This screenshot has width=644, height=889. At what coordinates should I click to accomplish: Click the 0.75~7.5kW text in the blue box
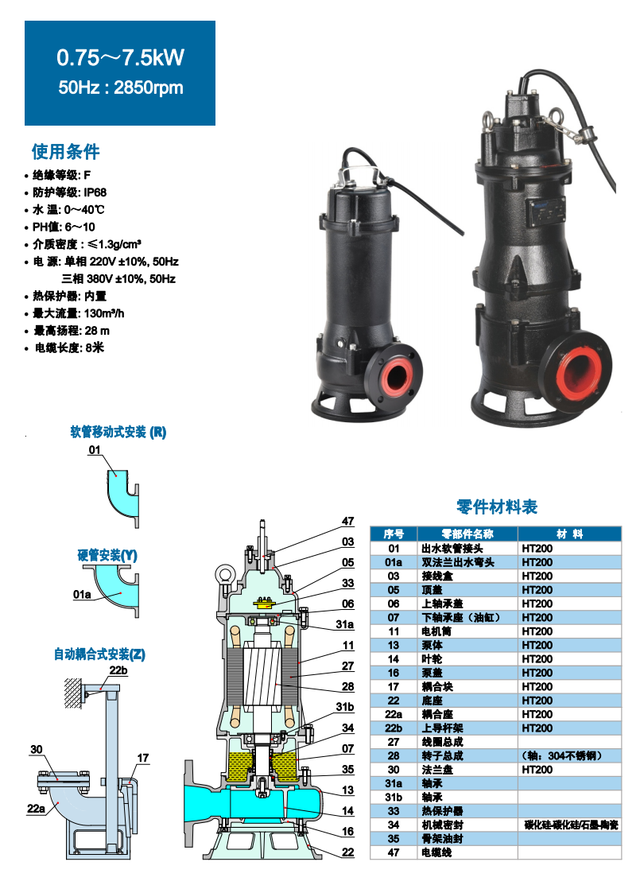point(120,57)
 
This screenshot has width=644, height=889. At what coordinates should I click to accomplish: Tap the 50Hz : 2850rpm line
point(120,87)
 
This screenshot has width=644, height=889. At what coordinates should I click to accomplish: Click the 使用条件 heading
point(65,151)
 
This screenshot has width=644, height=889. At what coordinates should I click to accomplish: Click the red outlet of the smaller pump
point(394,376)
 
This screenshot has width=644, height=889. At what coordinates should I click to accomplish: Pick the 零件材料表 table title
point(497,507)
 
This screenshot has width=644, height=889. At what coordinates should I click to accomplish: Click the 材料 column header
point(569,534)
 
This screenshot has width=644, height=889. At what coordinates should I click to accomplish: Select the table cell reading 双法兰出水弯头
point(459,562)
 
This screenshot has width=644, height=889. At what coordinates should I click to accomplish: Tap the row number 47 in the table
point(394,852)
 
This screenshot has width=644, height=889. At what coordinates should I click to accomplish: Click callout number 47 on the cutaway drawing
point(347,521)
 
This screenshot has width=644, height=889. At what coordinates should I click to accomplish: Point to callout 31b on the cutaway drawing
point(345,707)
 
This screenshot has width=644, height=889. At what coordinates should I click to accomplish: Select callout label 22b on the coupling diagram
point(118,670)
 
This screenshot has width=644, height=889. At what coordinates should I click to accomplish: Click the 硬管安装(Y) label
point(107,555)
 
